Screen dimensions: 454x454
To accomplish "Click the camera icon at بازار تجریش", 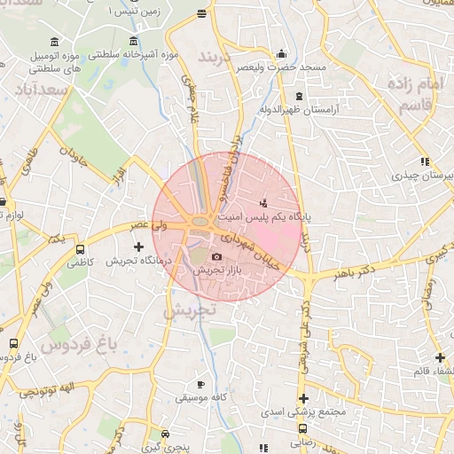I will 217,257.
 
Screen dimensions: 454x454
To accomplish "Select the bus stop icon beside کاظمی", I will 82,250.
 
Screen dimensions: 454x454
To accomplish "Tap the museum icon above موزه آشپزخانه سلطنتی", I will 133,41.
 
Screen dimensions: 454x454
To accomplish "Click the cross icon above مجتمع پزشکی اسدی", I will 303,398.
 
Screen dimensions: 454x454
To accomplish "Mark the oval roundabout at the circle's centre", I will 200,223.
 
